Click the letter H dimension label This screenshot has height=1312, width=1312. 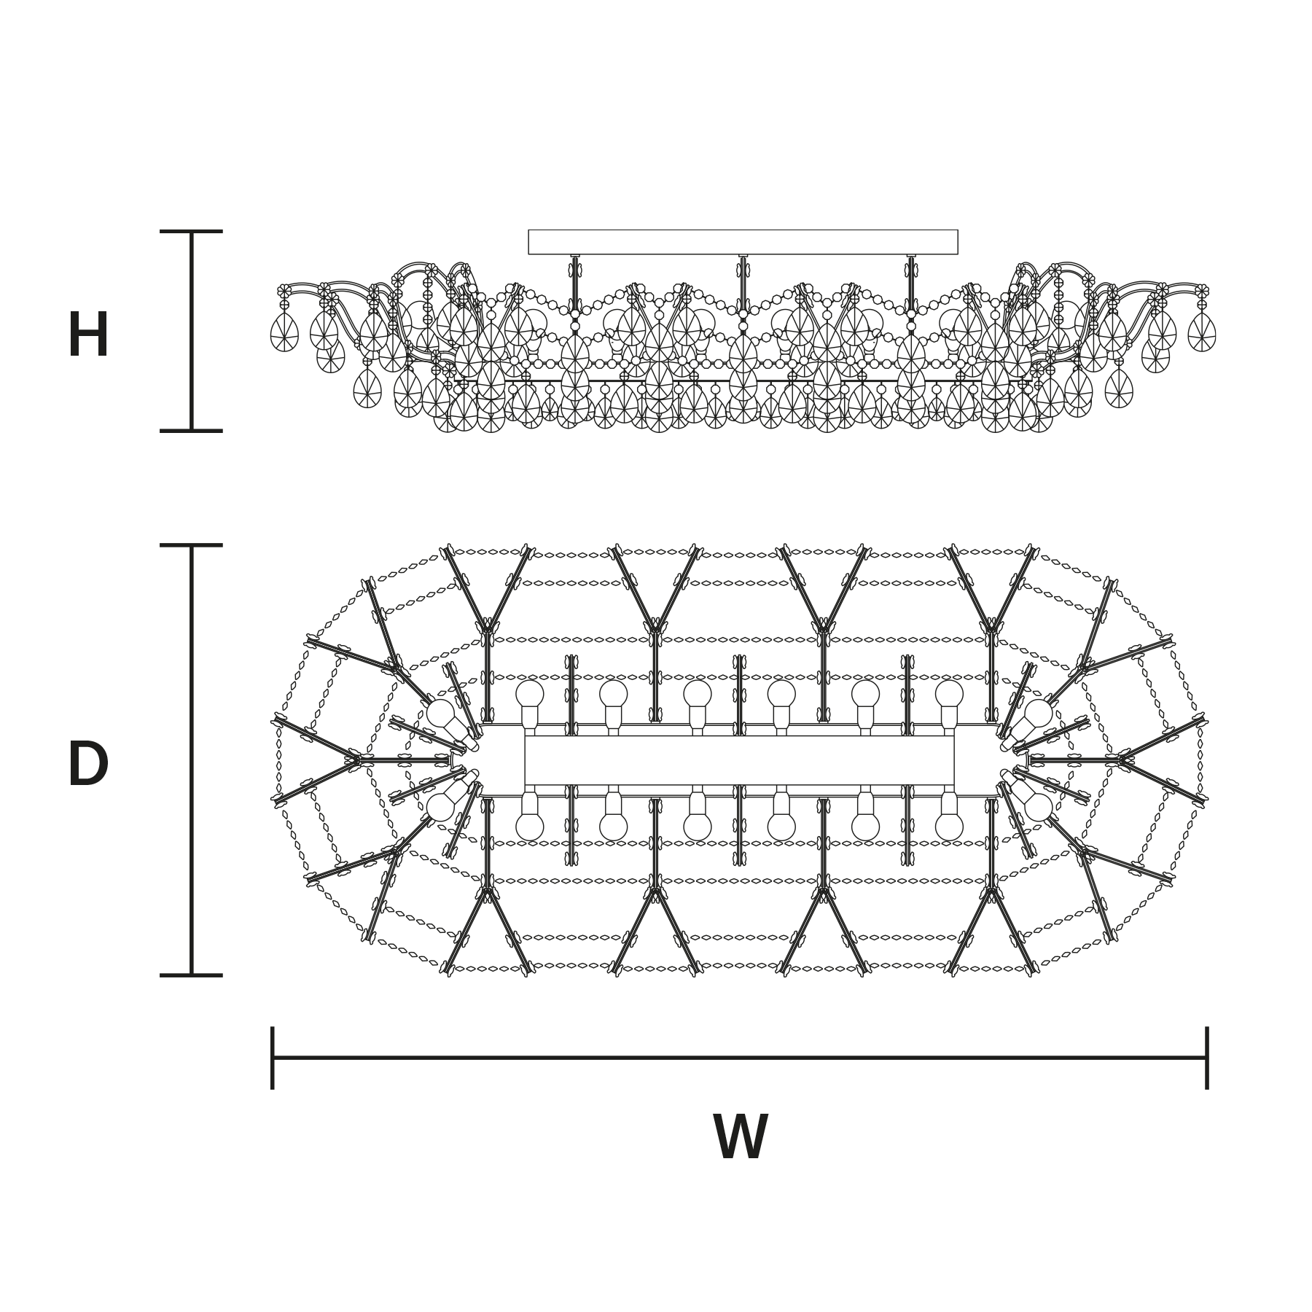(x=88, y=335)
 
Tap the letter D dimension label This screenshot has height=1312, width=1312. (x=88, y=764)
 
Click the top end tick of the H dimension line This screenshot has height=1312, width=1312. (x=191, y=232)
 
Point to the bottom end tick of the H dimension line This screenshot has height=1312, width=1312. (x=191, y=431)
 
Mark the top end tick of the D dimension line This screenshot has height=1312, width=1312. (x=191, y=545)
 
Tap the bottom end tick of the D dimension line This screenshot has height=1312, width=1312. (x=191, y=975)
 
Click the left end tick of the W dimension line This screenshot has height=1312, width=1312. (x=273, y=1058)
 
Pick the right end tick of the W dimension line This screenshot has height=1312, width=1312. (x=1207, y=1058)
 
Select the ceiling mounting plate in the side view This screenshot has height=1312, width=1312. (x=743, y=242)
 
